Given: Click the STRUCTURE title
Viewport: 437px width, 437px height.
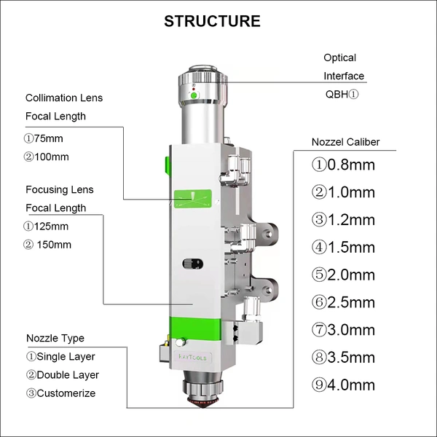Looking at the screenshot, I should click(212, 20).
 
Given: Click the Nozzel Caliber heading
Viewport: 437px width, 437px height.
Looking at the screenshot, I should click(345, 142).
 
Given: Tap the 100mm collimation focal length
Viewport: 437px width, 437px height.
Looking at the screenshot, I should click(47, 157).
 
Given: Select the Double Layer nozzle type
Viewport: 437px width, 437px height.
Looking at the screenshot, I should click(63, 375).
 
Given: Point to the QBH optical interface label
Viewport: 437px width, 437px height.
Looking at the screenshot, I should click(342, 95).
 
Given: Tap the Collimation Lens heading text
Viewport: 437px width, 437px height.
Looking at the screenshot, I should click(64, 98).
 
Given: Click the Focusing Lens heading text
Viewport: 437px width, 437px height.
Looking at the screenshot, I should click(60, 189).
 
